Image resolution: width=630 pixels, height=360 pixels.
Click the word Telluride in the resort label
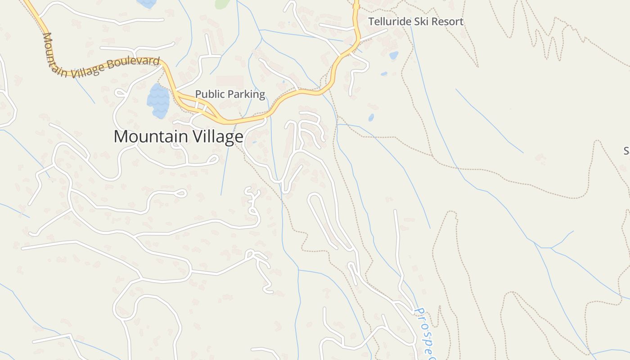pyautogui.click(x=387, y=22)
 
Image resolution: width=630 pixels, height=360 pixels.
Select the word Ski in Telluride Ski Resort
pyautogui.click(x=416, y=22)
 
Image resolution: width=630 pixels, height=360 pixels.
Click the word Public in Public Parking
pyautogui.click(x=210, y=94)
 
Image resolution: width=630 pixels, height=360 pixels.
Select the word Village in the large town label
pyautogui.click(x=217, y=136)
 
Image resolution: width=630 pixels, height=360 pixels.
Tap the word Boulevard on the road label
pyautogui.click(x=135, y=63)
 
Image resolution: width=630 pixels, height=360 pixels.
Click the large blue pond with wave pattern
pyautogui.click(x=158, y=101)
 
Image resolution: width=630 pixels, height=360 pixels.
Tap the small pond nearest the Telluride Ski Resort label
pyautogui.click(x=393, y=55)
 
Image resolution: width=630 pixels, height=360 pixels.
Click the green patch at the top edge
pyautogui.click(x=222, y=4)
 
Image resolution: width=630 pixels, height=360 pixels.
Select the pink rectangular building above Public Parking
pyautogui.click(x=229, y=81)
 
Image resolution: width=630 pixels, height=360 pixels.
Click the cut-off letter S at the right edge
pyautogui.click(x=626, y=151)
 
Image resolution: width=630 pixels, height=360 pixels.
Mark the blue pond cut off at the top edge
pyautogui.click(x=147, y=3)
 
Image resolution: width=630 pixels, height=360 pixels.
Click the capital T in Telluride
pyautogui.click(x=371, y=22)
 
